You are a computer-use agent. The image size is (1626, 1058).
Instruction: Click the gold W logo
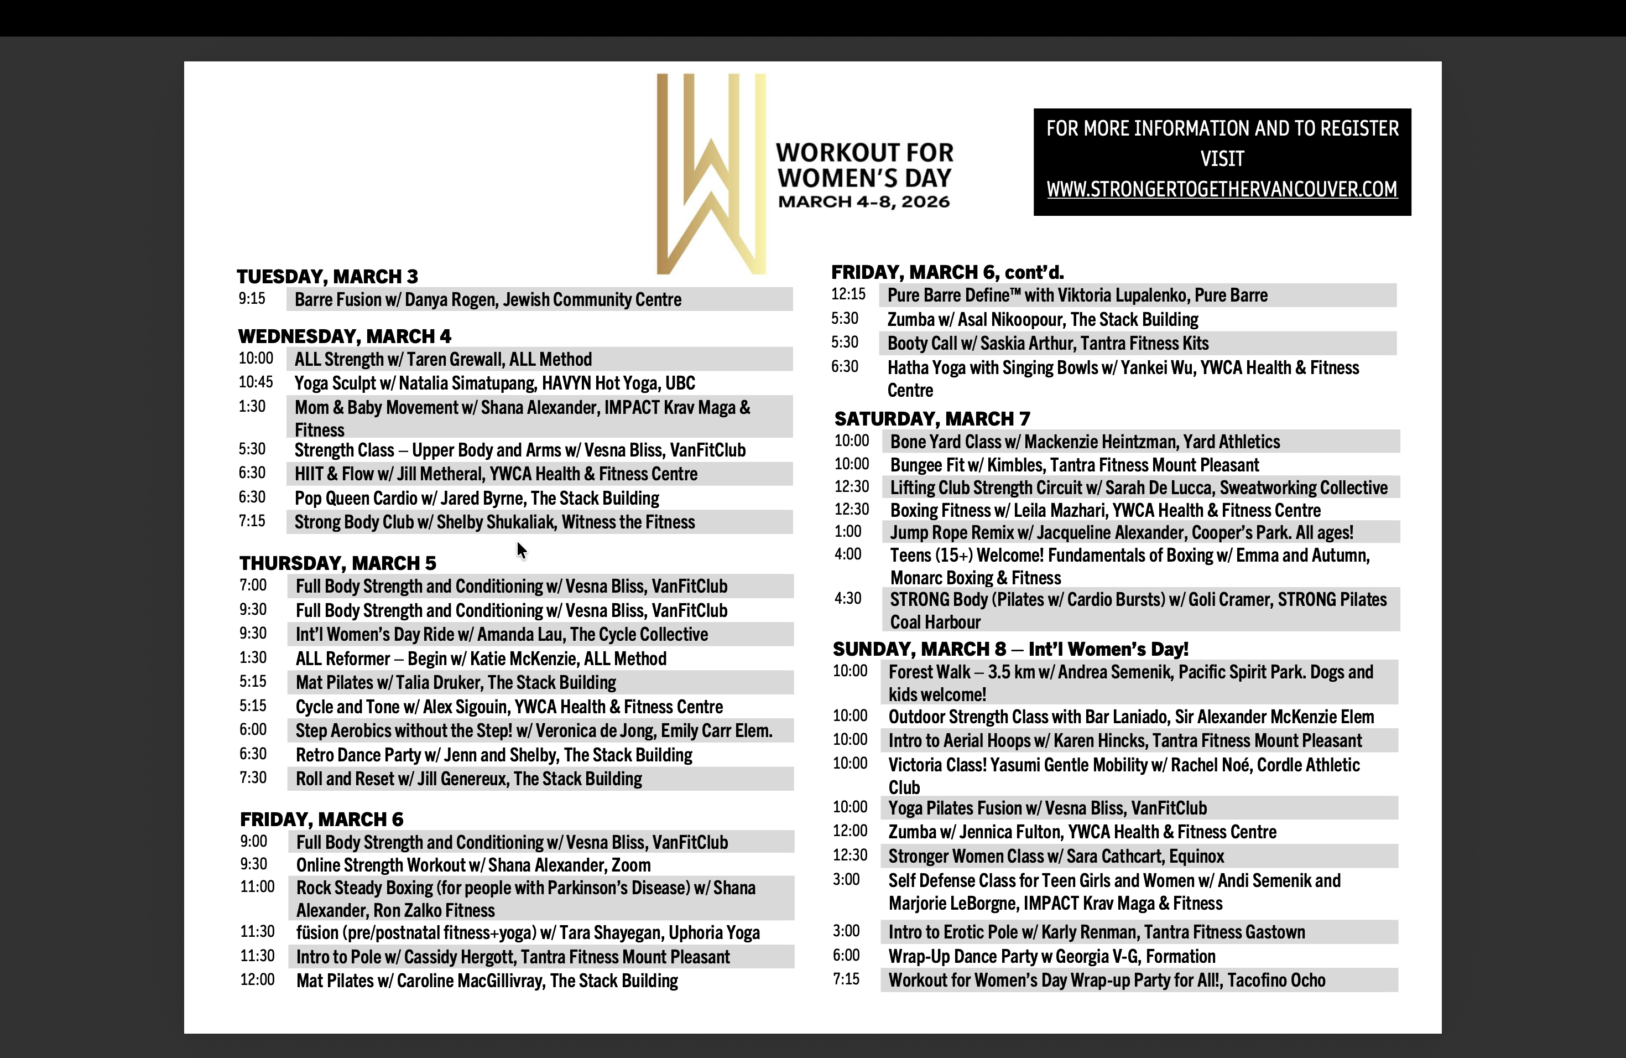711,174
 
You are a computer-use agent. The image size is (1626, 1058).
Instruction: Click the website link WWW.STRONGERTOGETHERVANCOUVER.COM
1222,189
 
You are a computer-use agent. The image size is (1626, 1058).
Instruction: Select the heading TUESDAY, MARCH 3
327,277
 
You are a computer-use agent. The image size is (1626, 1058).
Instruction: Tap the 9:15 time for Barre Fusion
252,299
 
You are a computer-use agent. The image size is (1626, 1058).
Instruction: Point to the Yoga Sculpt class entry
494,383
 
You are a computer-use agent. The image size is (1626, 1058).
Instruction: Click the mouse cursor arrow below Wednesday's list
522,550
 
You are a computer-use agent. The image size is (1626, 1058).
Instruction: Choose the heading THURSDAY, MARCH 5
337,563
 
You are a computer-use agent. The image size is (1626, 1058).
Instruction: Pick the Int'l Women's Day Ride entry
502,635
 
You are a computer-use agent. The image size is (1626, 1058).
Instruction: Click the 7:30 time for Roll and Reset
253,778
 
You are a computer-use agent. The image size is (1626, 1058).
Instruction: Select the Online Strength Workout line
473,865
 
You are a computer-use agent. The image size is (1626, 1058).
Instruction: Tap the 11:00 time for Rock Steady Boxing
257,887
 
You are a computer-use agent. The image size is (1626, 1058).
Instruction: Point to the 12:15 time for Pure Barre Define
848,294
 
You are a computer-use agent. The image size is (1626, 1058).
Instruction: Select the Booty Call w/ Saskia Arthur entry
1047,344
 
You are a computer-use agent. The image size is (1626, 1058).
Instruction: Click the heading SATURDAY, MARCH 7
932,419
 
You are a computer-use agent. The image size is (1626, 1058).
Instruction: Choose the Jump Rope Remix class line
1121,533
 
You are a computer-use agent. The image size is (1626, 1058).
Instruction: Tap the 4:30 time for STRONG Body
848,599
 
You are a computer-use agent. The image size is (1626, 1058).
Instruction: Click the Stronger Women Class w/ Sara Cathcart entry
1056,857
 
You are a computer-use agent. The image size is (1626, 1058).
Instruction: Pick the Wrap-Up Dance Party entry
1051,957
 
